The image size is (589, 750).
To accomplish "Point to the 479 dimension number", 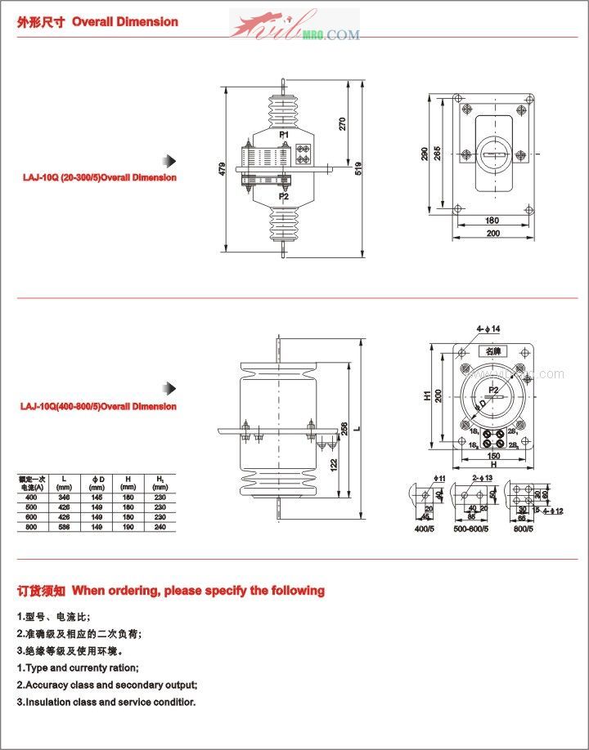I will pyautogui.click(x=223, y=169).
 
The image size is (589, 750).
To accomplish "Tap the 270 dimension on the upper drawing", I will pyautogui.click(x=343, y=123).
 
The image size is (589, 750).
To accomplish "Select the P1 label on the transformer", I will pyautogui.click(x=284, y=134).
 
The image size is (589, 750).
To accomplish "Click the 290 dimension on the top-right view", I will pyautogui.click(x=425, y=154).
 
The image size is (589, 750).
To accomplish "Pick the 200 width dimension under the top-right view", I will pyautogui.click(x=492, y=234).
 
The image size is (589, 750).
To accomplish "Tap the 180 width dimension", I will pyautogui.click(x=492, y=220).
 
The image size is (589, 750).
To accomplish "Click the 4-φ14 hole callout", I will pyautogui.click(x=488, y=328).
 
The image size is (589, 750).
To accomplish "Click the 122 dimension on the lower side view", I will pyautogui.click(x=332, y=464).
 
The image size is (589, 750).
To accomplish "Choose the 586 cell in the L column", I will pyautogui.click(x=65, y=527).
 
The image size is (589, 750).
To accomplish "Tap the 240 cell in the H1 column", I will pyautogui.click(x=160, y=527).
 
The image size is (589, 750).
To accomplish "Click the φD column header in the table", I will pyautogui.click(x=96, y=482).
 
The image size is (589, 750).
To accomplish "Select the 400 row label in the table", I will pyautogui.click(x=31, y=497).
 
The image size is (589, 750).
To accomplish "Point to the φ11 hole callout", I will pyautogui.click(x=440, y=477).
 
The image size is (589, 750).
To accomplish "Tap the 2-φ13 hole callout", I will pyautogui.click(x=482, y=477).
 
